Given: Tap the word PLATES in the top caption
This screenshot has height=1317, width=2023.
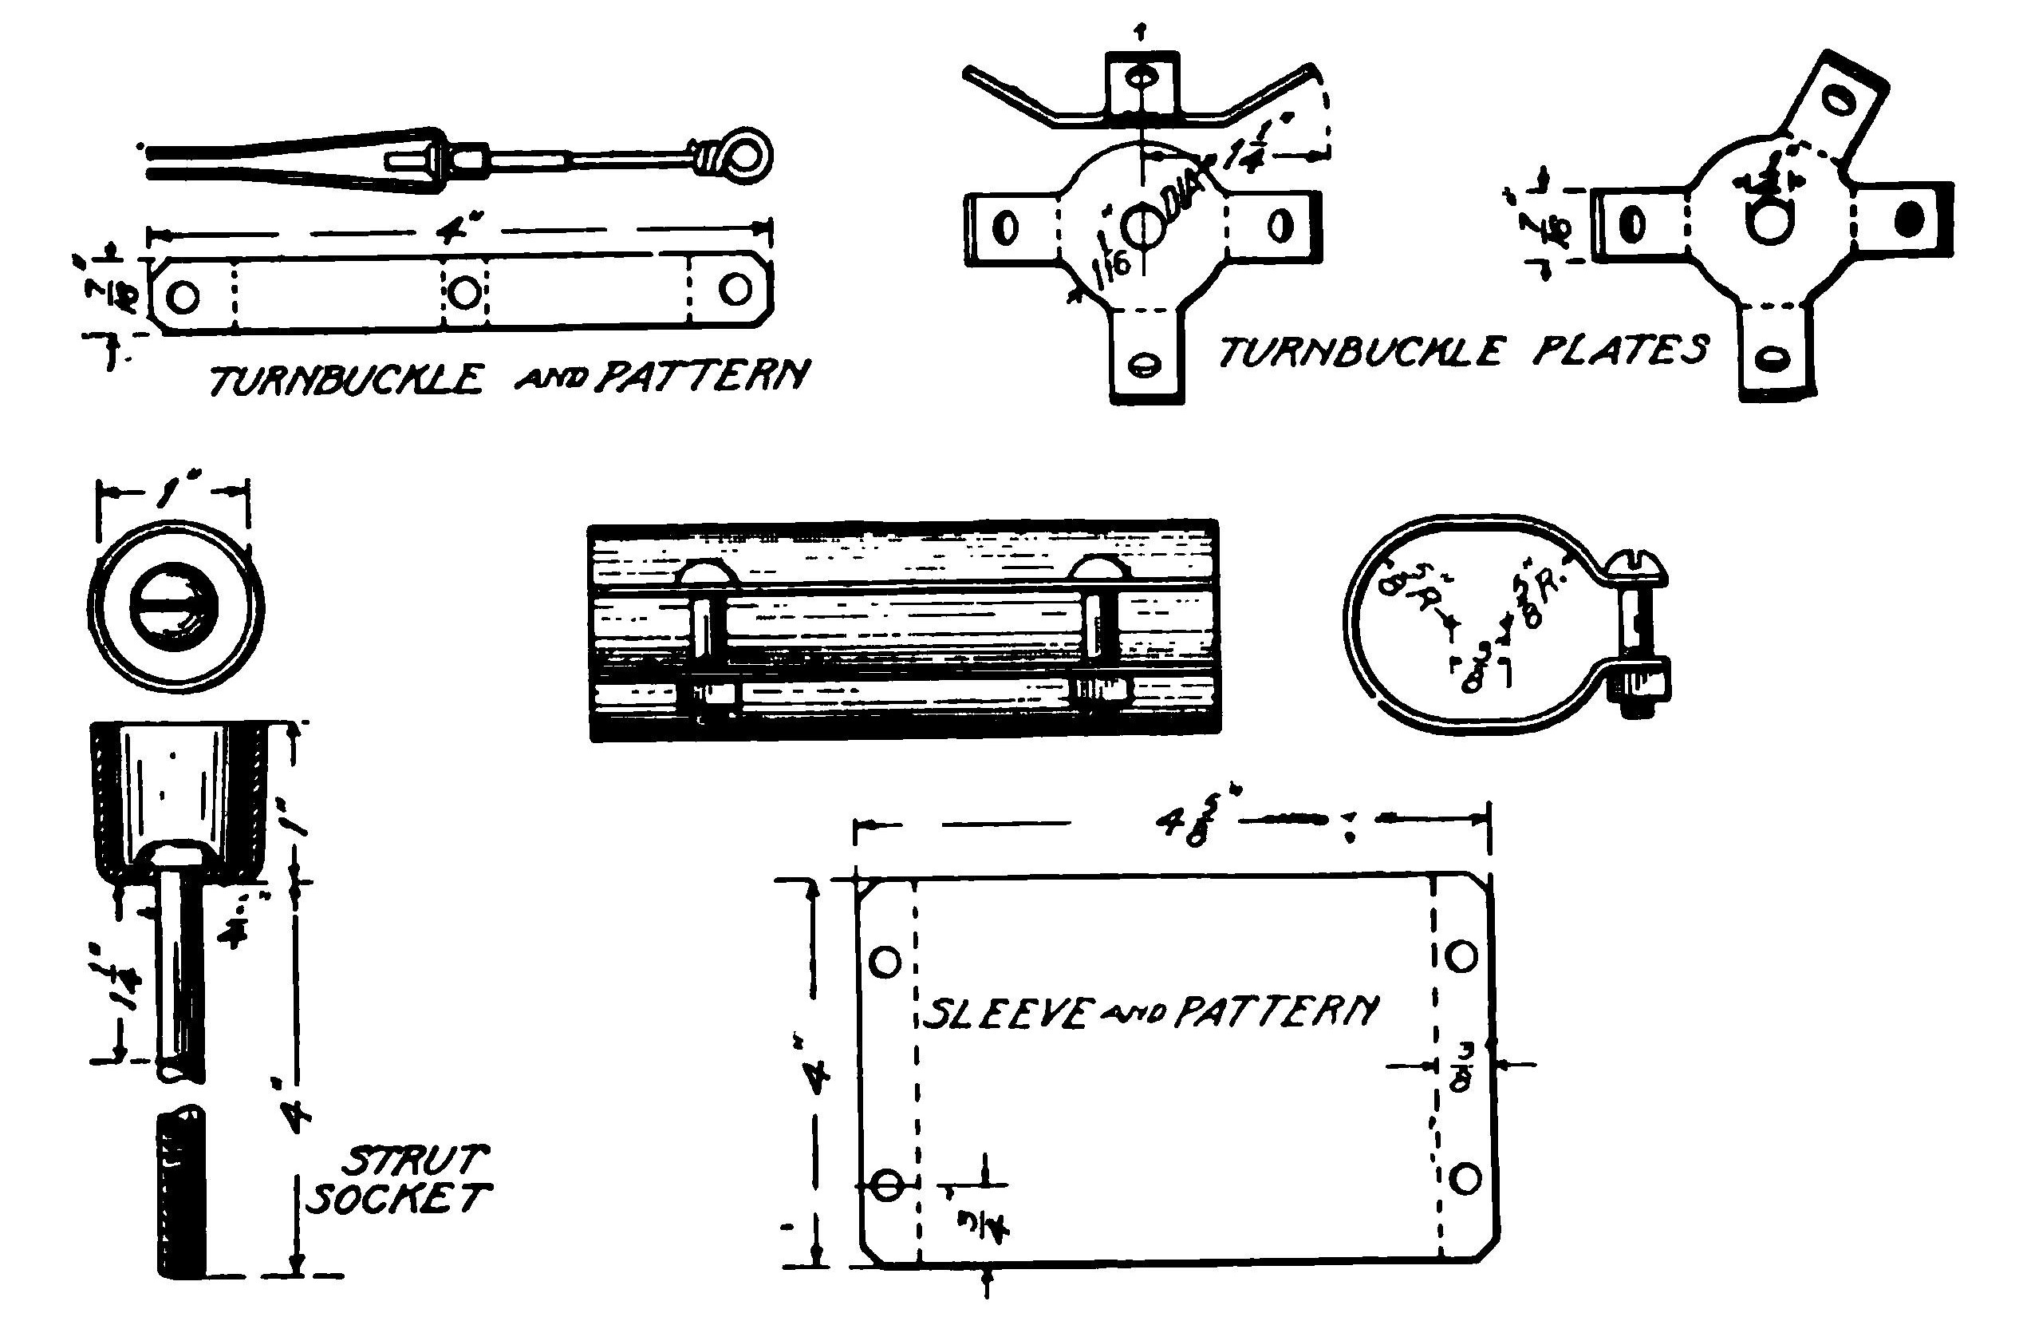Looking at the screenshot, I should [x=1620, y=350].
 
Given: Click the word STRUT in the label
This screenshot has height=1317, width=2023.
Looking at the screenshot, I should [x=417, y=1159].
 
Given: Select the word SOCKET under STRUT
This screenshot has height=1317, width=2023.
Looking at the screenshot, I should [x=397, y=1199].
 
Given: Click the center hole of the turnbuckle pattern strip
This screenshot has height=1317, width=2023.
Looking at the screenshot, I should [x=463, y=293].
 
